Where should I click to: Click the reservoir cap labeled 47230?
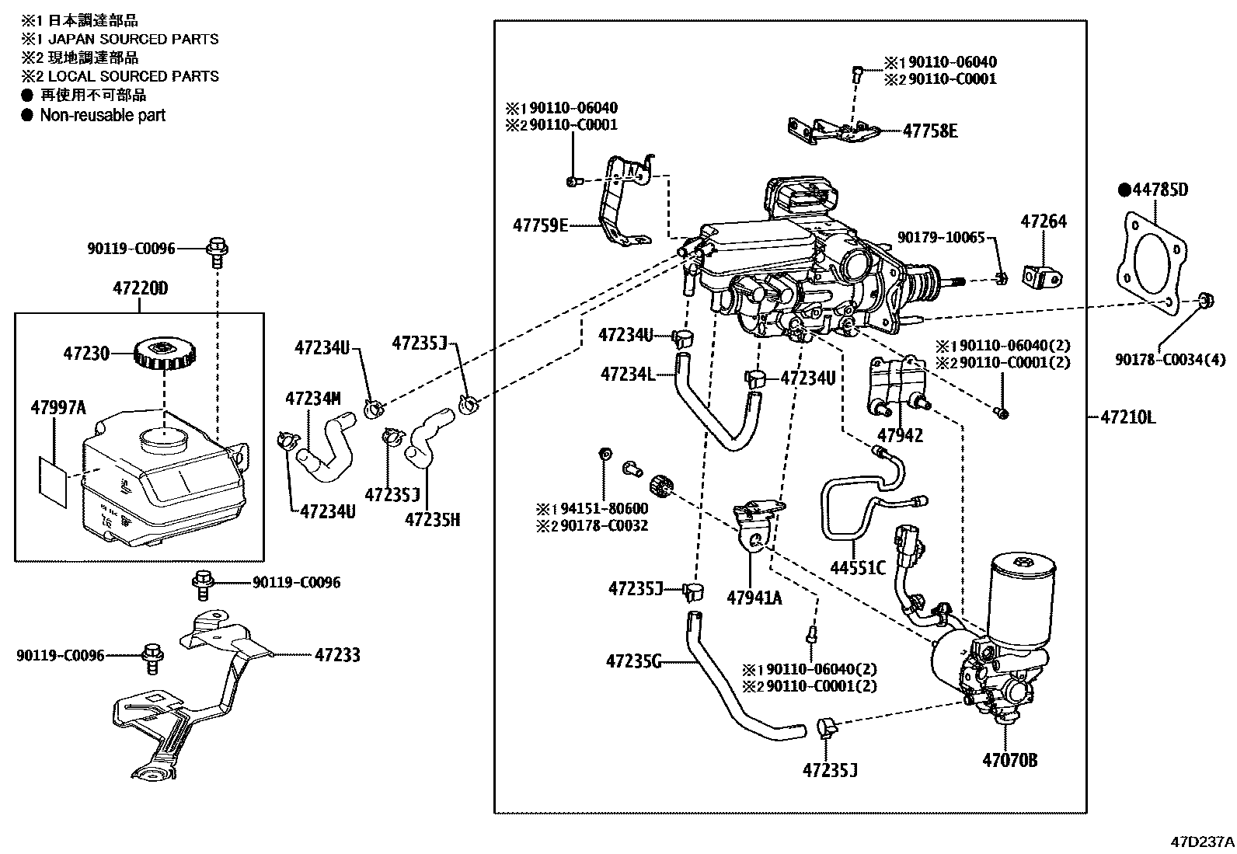pyautogui.click(x=164, y=355)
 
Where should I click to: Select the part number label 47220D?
pyautogui.click(x=140, y=289)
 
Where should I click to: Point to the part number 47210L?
pyautogui.click(x=1127, y=417)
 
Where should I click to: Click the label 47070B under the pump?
pyautogui.click(x=1009, y=760)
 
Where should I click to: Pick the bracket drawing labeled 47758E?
pyautogui.click(x=831, y=131)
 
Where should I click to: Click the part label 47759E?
pyautogui.click(x=540, y=225)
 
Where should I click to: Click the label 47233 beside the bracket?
pyautogui.click(x=337, y=655)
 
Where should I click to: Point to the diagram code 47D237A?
pyautogui.click(x=1202, y=842)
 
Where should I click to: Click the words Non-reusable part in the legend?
pyautogui.click(x=103, y=115)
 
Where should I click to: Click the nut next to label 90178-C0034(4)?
pyautogui.click(x=1205, y=299)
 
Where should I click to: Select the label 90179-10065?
pyautogui.click(x=941, y=237)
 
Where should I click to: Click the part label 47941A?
pyautogui.click(x=754, y=597)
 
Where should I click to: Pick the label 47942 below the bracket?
pyautogui.click(x=900, y=436)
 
